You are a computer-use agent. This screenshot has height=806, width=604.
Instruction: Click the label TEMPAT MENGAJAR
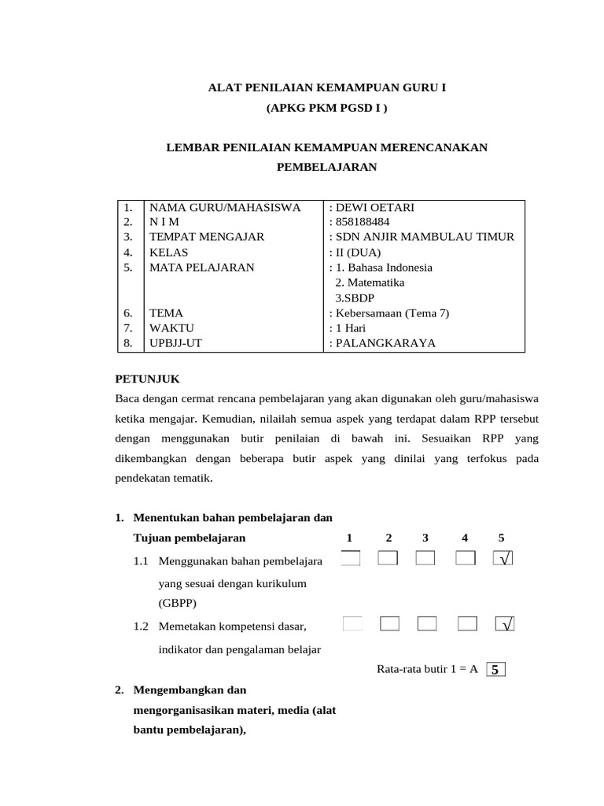coord(207,237)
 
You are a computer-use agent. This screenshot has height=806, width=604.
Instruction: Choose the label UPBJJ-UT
coord(176,342)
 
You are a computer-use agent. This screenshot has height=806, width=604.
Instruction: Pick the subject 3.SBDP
coord(355,298)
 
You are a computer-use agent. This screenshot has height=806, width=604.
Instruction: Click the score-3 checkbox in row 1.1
coord(425,559)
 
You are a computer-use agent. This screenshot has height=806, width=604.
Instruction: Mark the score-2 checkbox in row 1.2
coord(389,624)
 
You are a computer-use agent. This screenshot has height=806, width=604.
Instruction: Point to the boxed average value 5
coord(495,670)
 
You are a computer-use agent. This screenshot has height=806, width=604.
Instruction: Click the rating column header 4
coord(465,538)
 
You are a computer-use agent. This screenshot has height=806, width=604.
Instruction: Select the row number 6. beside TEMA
coord(128,312)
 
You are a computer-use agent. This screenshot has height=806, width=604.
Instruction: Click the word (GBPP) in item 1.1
coord(177,604)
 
